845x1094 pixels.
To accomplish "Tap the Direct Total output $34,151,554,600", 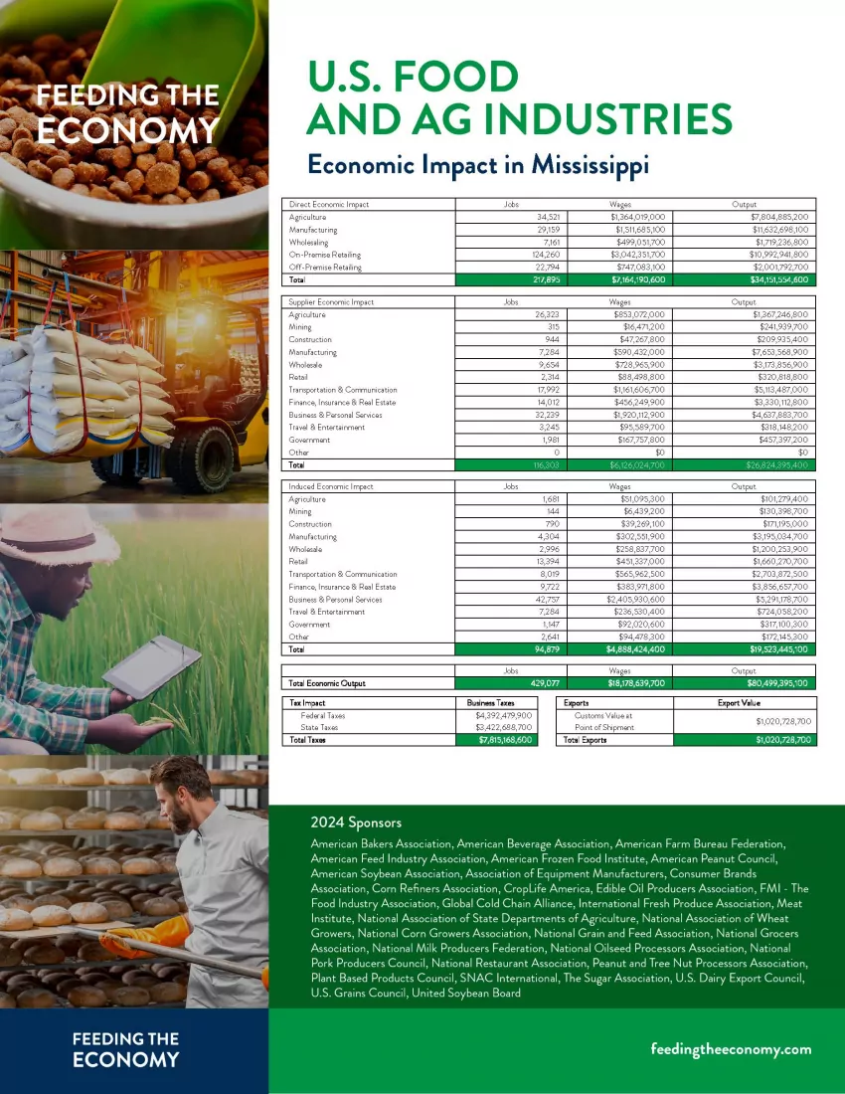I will pyautogui.click(x=766, y=279).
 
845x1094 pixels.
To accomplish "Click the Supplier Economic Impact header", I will pyautogui.click(x=331, y=301).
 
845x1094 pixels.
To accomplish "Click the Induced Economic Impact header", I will pyautogui.click(x=331, y=486).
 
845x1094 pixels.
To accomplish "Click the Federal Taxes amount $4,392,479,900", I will pyautogui.click(x=498, y=715).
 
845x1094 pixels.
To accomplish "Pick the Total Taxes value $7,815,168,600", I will pyautogui.click(x=498, y=740).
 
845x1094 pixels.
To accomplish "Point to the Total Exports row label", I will pyautogui.click(x=585, y=740).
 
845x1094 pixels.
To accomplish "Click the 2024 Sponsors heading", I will pyautogui.click(x=356, y=822).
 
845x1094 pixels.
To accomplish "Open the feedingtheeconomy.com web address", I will pyautogui.click(x=731, y=1048).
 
